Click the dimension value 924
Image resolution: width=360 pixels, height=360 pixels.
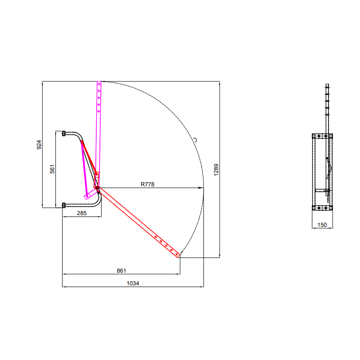point(39,144)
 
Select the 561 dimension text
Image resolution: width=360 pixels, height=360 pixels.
point(52,169)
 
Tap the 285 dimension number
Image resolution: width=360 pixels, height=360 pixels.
point(82,213)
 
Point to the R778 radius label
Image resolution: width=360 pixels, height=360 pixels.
point(148,184)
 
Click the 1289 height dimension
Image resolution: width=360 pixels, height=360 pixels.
point(216,170)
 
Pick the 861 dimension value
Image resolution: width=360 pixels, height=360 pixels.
point(121,271)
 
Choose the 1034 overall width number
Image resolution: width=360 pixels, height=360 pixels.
point(133,283)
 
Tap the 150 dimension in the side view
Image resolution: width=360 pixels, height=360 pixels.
point(322,225)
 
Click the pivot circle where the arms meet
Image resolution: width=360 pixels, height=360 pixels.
point(97,188)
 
